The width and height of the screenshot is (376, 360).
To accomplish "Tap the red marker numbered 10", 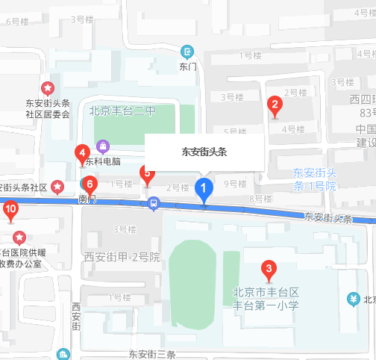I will click(10, 211).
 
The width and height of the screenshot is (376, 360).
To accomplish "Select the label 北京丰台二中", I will click(122, 112).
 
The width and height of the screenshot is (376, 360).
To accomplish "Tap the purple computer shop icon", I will click(103, 146).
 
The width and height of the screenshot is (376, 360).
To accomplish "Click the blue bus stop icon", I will click(153, 202).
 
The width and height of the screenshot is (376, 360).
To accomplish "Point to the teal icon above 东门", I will click(187, 52).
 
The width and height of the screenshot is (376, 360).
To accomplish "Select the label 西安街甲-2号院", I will click(122, 257).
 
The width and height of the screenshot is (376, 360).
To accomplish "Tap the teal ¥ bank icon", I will click(354, 300).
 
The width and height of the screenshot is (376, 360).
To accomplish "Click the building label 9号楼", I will click(235, 184).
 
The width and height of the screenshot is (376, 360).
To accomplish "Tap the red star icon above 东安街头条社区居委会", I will click(47, 89).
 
